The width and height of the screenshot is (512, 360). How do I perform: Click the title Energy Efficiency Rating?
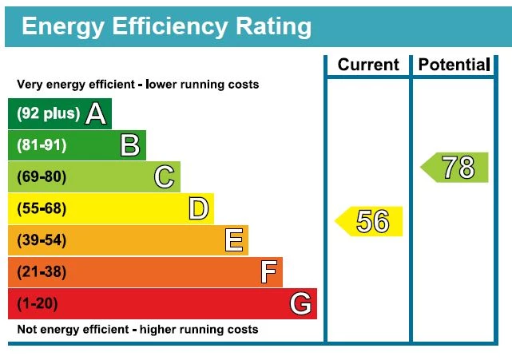point(166,27)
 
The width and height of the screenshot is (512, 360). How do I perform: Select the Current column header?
point(367,65)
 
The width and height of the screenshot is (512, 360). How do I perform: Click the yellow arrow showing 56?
point(369,221)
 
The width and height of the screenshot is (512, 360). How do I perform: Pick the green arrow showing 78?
point(455,168)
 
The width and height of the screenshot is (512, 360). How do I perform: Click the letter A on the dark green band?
point(96,113)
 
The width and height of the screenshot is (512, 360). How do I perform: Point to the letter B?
point(130,145)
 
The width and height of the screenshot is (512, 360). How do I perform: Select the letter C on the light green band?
point(165,176)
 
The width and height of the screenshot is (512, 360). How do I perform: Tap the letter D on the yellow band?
point(198,208)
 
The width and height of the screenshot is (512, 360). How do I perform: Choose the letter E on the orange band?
point(233,240)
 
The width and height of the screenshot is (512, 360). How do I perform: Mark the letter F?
point(268,272)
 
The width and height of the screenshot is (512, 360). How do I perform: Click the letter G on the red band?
point(300,303)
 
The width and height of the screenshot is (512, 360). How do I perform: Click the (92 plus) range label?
point(48,113)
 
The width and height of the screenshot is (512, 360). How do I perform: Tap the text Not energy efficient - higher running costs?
point(137,330)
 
